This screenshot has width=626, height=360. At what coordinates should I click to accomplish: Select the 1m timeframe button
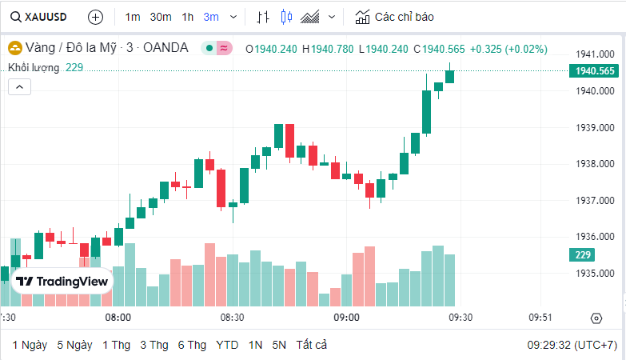(x=133, y=16)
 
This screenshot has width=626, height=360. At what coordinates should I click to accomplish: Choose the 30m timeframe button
(x=161, y=16)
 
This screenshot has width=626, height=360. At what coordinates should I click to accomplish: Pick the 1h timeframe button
(x=187, y=16)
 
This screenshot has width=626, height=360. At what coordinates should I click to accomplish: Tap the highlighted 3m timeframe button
(x=211, y=16)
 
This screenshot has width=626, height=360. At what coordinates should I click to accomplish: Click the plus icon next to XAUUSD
(x=95, y=16)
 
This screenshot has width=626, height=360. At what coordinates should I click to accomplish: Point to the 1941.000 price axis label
(x=595, y=54)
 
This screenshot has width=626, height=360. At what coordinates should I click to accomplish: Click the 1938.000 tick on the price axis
(x=595, y=164)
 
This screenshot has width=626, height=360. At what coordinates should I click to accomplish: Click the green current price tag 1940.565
(x=595, y=70)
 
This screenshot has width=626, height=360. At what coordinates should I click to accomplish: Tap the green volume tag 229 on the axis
(x=582, y=254)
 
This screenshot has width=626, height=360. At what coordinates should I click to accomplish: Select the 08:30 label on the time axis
(x=233, y=317)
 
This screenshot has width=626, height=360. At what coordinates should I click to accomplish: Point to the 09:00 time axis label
(x=346, y=317)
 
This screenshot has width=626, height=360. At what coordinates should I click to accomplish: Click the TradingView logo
(x=62, y=282)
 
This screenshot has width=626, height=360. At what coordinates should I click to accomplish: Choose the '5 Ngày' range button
(x=74, y=345)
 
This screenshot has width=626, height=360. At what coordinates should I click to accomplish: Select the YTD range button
(x=227, y=345)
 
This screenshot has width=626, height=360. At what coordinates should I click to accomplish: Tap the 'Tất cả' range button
(x=311, y=345)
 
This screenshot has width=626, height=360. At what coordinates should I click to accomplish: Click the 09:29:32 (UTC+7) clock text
(x=572, y=345)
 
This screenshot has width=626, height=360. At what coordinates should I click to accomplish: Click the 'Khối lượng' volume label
(x=34, y=67)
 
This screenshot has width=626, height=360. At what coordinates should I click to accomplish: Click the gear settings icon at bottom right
(x=596, y=318)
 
